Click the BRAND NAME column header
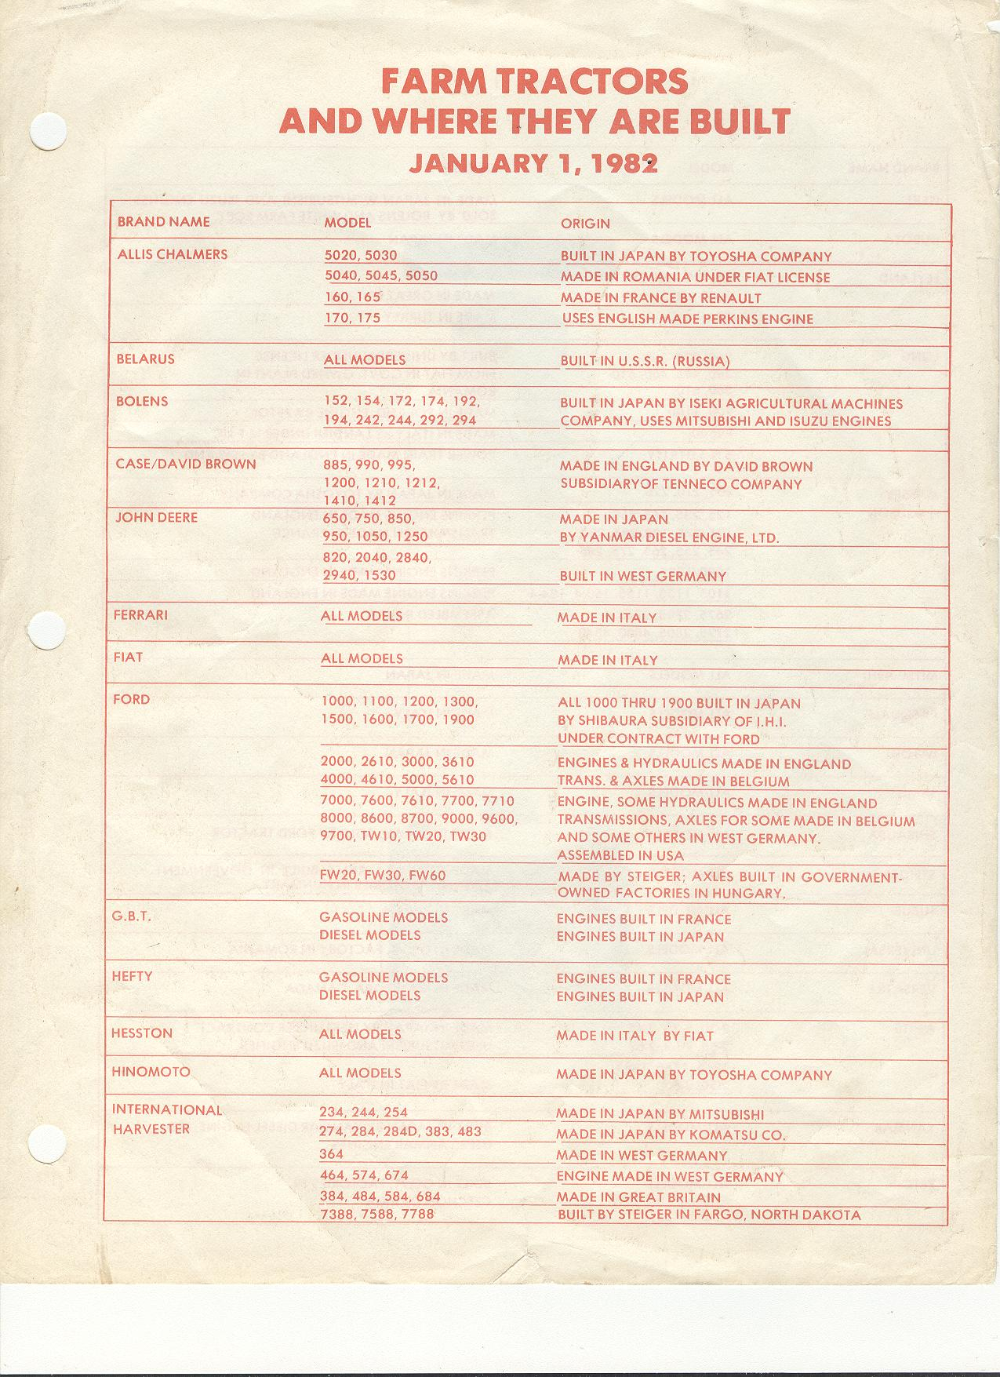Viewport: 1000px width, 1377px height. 163,222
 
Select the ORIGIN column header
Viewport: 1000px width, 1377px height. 585,224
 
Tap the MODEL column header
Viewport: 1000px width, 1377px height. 347,223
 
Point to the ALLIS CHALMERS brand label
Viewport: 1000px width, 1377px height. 173,254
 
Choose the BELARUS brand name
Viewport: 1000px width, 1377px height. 145,359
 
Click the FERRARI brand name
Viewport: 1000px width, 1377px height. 140,615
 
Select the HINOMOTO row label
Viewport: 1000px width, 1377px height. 151,1072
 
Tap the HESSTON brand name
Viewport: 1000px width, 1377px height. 142,1033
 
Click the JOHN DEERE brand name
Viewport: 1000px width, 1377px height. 157,518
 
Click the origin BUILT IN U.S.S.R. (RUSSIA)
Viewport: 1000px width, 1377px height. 645,362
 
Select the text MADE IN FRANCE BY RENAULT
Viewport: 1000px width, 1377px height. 660,298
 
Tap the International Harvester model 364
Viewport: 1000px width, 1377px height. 331,1154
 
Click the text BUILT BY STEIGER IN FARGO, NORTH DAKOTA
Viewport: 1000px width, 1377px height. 708,1215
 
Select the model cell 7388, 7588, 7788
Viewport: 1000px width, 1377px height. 376,1215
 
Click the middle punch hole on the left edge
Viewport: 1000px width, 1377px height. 41,629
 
